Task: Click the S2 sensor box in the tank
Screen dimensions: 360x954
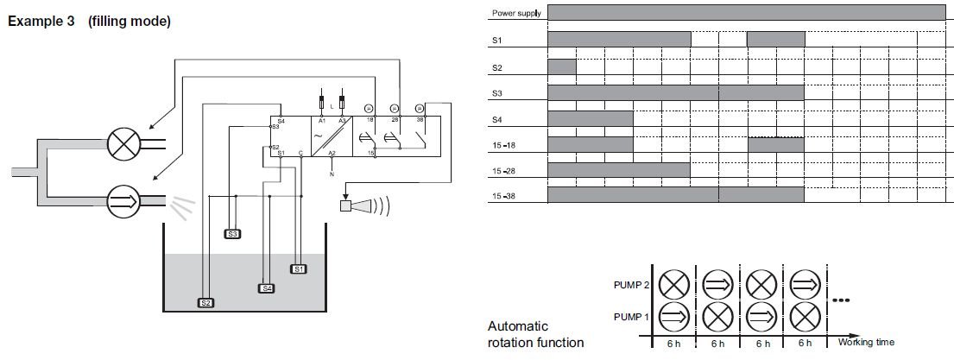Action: click(x=205, y=303)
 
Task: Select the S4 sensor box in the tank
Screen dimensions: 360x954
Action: click(x=267, y=287)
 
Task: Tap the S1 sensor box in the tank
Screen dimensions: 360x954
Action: click(x=299, y=268)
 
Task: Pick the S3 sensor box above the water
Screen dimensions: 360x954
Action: click(x=232, y=234)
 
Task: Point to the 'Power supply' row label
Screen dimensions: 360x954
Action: click(x=516, y=13)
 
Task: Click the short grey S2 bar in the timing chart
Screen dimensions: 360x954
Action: click(x=561, y=66)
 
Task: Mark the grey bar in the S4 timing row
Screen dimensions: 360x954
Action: click(x=591, y=118)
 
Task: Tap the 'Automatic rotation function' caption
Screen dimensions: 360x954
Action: click(x=536, y=334)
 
